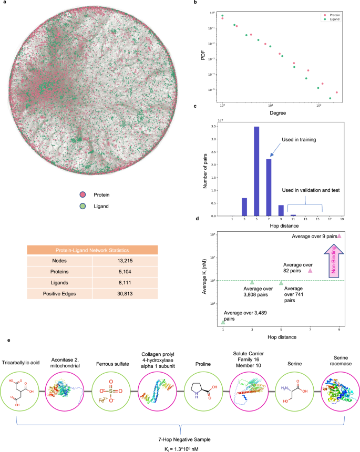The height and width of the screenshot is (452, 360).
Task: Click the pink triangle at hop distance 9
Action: coord(340,236)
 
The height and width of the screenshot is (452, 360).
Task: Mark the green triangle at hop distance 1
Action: coord(223,322)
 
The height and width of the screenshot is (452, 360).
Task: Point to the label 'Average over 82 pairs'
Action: coord(298,268)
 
